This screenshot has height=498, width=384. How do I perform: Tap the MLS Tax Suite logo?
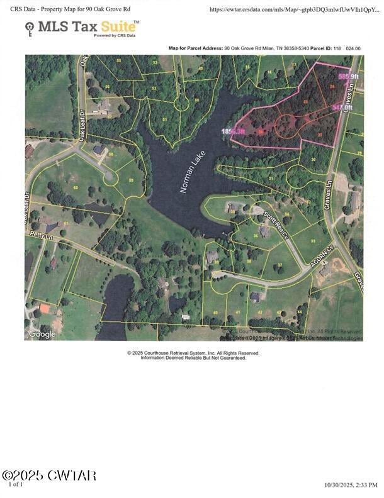(82, 27)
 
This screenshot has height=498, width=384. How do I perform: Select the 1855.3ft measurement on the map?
(233, 131)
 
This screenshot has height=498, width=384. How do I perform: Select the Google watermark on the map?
(42, 334)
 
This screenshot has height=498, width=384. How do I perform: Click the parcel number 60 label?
(76, 187)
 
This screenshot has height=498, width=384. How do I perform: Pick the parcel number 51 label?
(165, 118)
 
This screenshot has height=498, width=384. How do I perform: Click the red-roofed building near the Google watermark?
(44, 308)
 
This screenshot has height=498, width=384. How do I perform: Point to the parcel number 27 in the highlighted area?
(320, 135)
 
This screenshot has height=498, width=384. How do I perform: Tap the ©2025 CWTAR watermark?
(49, 475)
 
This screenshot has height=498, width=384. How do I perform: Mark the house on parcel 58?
(99, 150)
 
